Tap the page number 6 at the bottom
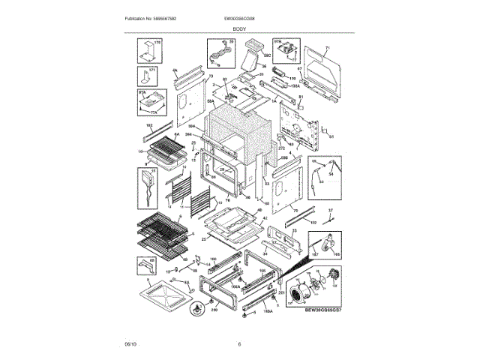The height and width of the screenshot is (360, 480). pos(239,344)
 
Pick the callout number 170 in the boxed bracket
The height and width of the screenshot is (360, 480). pos(157,43)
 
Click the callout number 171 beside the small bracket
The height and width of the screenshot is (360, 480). pos(152,70)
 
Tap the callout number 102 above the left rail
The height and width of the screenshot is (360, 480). pos(148,124)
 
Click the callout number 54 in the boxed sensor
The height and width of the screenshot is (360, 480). pos(330,174)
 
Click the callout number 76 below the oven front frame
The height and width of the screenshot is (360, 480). pos(227,202)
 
